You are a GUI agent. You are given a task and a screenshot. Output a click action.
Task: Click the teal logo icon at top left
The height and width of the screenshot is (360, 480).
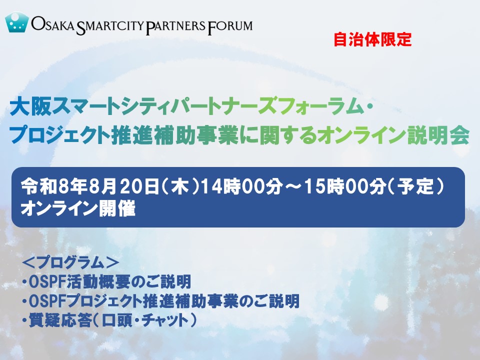click(17, 22)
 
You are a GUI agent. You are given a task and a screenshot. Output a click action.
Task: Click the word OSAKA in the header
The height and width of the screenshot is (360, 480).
click(52, 24)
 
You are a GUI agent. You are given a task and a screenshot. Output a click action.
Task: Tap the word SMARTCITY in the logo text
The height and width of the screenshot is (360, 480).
click(109, 26)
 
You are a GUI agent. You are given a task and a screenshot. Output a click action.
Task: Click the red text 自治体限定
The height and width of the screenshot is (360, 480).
click(372, 39)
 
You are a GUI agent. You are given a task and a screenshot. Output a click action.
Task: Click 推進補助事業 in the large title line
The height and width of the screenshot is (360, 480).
click(175, 135)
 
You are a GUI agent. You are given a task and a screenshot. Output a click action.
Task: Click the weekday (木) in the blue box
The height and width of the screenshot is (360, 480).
click(179, 186)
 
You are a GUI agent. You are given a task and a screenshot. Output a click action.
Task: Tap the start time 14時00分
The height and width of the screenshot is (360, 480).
click(241, 186)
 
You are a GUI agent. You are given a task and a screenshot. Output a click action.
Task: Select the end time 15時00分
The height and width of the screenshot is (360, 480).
click(344, 186)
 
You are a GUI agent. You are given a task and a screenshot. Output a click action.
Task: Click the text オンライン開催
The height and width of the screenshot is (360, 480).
click(78, 209)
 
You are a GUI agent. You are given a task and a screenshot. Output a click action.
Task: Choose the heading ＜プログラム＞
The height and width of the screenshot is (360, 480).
click(70, 262)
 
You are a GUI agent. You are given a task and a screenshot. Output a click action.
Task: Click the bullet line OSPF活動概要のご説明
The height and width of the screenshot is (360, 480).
click(107, 281)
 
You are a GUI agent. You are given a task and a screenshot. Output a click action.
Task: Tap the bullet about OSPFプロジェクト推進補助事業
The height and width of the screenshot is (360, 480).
click(160, 301)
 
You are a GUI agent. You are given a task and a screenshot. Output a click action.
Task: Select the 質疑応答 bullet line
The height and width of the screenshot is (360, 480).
click(109, 320)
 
